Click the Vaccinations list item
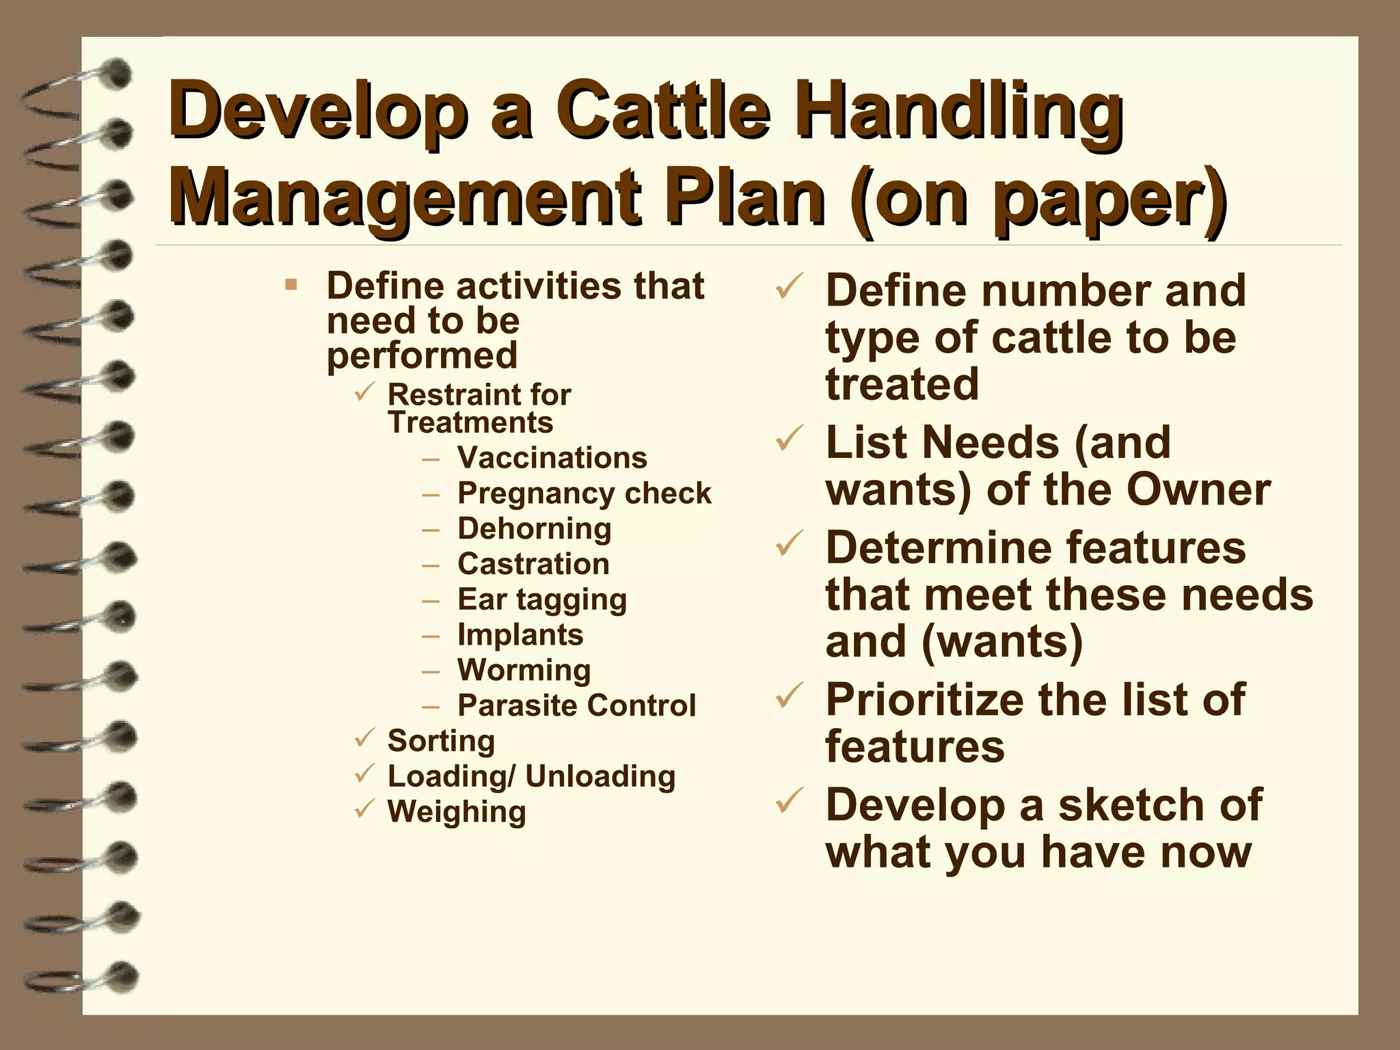[x=552, y=458]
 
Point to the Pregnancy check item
[x=584, y=494]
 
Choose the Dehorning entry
[x=535, y=529]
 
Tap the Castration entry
[x=533, y=565]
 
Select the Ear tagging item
[x=542, y=600]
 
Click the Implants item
[x=520, y=635]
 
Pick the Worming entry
[x=524, y=671]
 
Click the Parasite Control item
[x=577, y=705]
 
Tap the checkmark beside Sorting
[x=364, y=738]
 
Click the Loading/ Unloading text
[x=531, y=777]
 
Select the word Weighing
[x=457, y=812]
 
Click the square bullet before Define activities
[x=291, y=284]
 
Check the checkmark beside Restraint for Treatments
[x=364, y=392]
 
